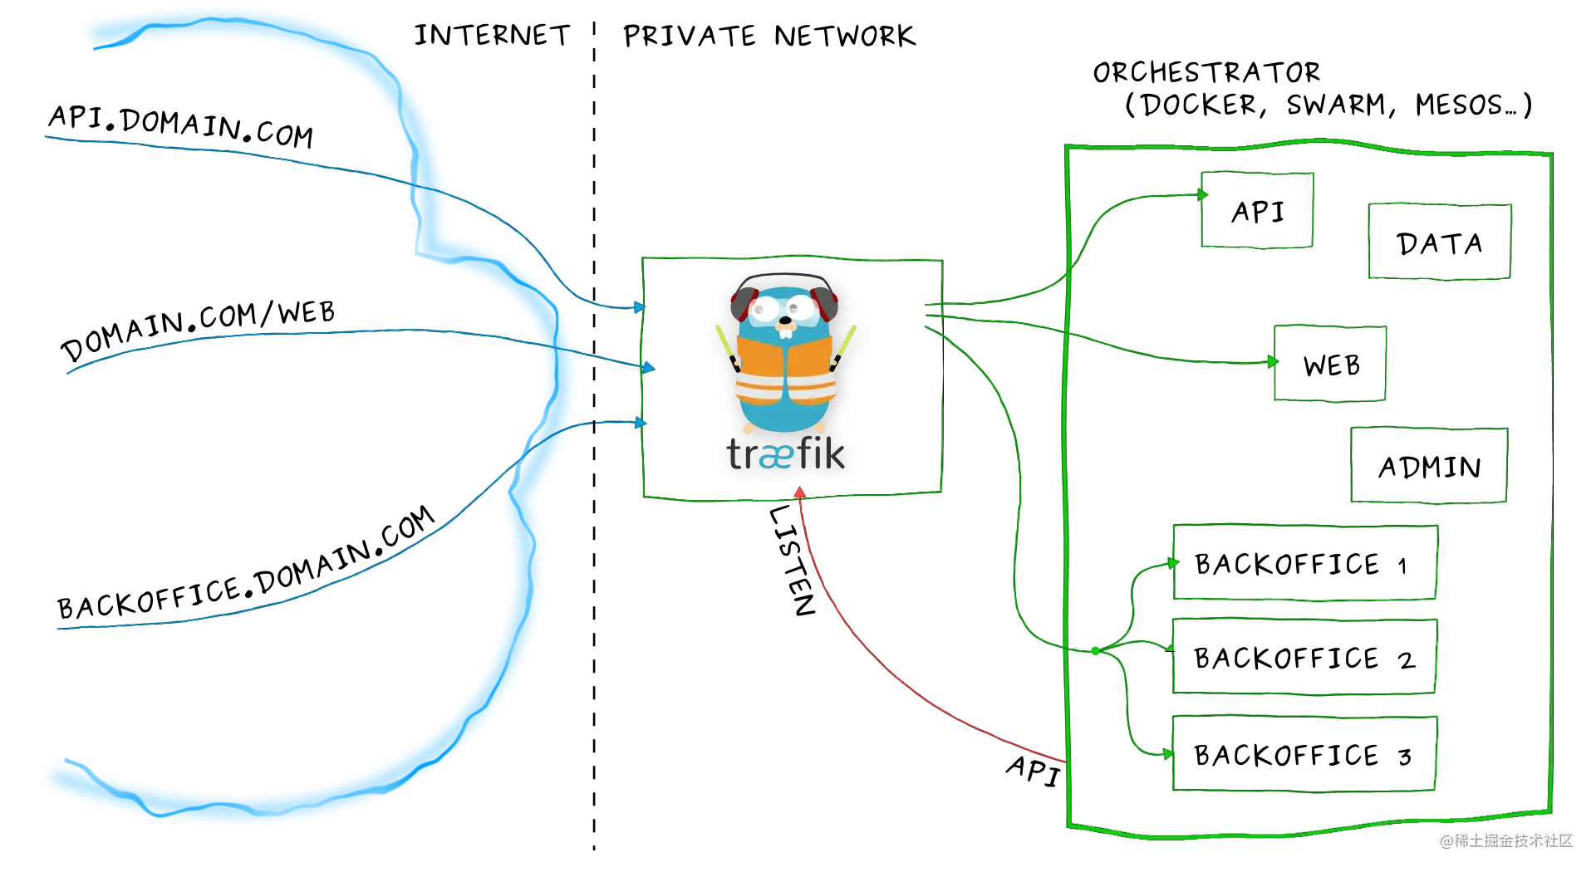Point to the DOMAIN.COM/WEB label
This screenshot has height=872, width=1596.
point(198,330)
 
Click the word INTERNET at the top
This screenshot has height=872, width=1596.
point(492,35)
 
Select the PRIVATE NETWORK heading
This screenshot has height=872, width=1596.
point(769,36)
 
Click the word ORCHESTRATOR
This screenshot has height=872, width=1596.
point(1206,72)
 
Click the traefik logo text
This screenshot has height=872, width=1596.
point(785,453)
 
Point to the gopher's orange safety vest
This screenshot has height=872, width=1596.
point(785,370)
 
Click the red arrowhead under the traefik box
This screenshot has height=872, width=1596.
point(800,492)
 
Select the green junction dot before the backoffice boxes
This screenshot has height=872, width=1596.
point(1096,651)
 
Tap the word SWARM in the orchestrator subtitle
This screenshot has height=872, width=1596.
point(1337,105)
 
